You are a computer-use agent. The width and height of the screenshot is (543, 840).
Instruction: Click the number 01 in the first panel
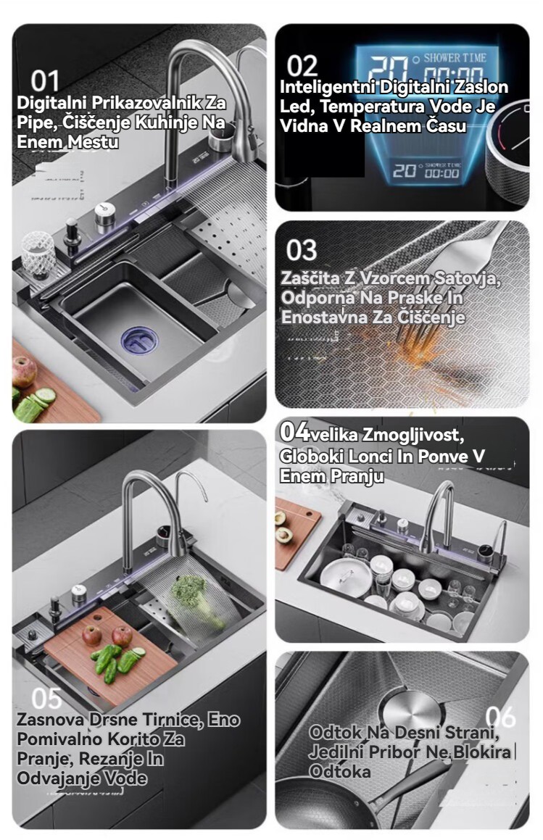(44, 81)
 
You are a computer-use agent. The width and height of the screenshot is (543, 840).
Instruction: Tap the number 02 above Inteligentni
(302, 67)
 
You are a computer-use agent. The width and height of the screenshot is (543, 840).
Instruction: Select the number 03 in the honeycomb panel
(302, 250)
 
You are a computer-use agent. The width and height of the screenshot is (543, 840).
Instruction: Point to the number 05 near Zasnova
(46, 699)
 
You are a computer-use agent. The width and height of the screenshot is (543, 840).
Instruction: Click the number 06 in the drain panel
(500, 717)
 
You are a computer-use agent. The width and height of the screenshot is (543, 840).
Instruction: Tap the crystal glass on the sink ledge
(38, 254)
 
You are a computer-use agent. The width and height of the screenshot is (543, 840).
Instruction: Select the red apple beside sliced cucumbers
(24, 370)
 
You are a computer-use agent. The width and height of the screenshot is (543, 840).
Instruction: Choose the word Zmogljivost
(413, 434)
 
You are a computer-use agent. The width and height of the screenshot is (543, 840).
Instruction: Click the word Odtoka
(340, 771)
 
